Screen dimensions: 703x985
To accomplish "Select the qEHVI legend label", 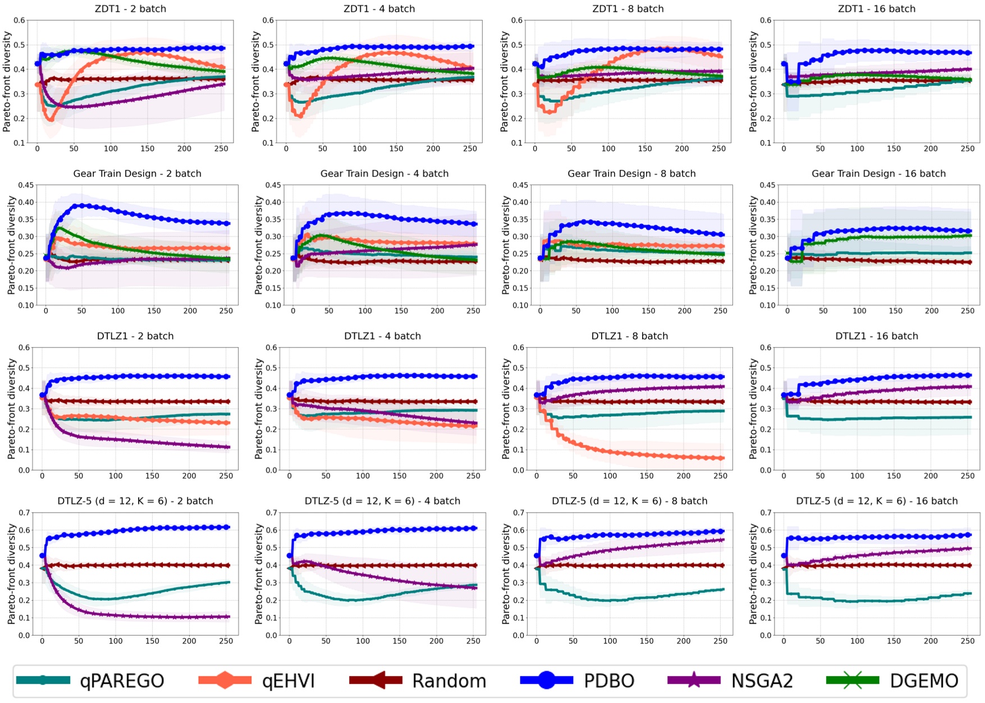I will point(288,681).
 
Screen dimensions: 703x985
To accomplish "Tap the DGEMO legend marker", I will point(853,681).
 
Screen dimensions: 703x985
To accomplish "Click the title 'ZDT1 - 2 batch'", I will point(131,9).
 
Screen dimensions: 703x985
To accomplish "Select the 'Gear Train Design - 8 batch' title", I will point(631,174).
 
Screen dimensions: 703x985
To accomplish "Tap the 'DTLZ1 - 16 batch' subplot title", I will point(877,336).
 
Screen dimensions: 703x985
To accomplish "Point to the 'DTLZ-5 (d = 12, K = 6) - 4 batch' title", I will point(382,501).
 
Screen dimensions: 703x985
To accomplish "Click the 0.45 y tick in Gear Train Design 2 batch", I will point(26,185).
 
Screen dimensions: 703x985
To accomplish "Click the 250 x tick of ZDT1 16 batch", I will point(968,149).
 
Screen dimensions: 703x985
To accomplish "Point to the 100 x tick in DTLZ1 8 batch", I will point(610,476).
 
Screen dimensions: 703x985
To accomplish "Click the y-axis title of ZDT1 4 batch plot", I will point(256,81).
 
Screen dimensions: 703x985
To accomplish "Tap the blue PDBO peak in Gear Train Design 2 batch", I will point(83,206).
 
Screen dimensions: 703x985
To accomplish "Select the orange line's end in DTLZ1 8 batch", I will point(721,458).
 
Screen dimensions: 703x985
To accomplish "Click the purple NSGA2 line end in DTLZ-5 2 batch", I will point(227,617).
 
